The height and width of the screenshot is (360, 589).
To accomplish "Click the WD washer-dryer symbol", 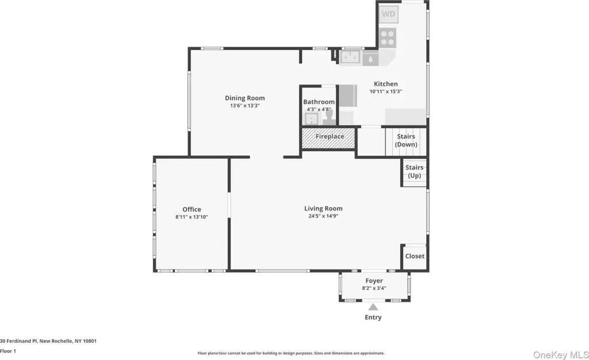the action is click(x=388, y=14).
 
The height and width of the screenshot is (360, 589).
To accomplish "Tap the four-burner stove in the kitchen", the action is click(x=387, y=37).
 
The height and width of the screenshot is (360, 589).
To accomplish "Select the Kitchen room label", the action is click(x=386, y=84).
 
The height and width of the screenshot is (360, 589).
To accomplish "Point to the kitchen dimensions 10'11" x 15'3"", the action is click(x=386, y=91).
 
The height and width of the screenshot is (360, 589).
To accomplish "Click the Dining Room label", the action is click(x=245, y=98).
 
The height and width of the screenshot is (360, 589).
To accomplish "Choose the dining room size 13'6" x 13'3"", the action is click(x=245, y=106).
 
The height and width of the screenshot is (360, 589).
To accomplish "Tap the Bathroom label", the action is click(x=319, y=102).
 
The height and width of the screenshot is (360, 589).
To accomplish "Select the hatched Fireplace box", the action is click(x=328, y=138).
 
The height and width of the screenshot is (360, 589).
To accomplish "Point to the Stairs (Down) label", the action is click(x=406, y=140).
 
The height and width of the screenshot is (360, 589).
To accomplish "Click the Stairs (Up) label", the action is click(x=414, y=171).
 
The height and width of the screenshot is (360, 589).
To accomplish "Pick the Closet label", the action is click(x=415, y=256).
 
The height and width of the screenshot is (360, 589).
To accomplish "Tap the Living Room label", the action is click(x=323, y=208).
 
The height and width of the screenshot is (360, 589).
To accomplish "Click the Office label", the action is click(x=192, y=209).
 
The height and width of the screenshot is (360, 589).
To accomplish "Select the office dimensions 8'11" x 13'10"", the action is click(x=192, y=217).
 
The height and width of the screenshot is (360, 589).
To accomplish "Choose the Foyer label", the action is click(x=374, y=281).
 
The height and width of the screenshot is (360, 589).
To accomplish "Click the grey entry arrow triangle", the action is click(x=373, y=308).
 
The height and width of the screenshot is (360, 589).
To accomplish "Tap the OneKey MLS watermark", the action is click(x=561, y=355).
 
